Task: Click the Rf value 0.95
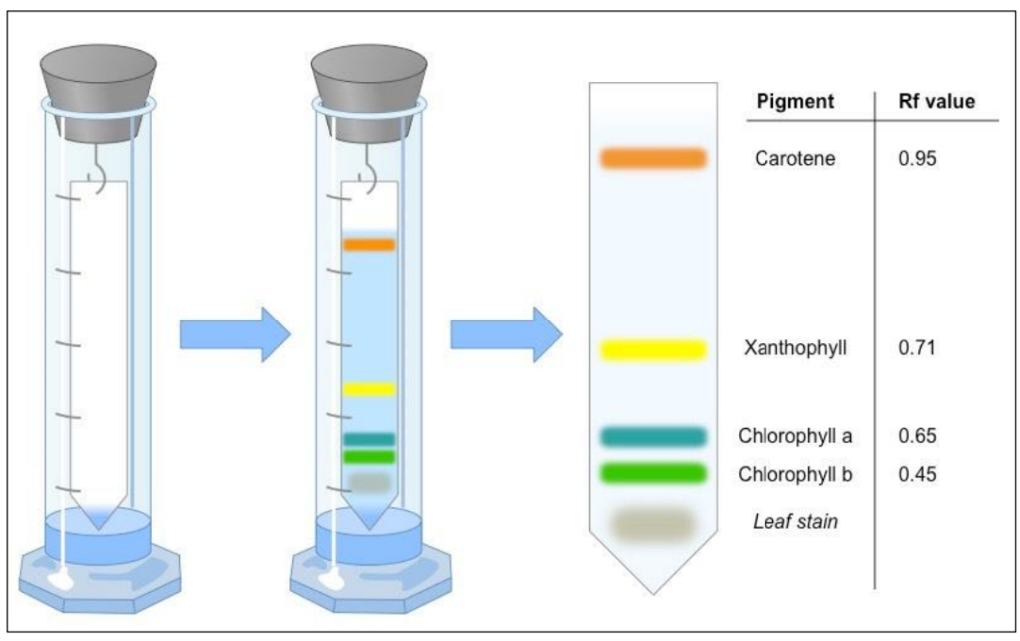[917, 158]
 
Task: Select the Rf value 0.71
[917, 348]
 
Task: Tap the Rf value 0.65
[917, 436]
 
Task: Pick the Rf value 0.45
[917, 473]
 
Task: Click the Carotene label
[795, 158]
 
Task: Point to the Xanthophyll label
[795, 348]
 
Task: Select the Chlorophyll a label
[795, 436]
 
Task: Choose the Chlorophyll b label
[795, 473]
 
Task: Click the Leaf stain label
[795, 520]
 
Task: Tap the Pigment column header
[795, 102]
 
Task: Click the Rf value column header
[937, 102]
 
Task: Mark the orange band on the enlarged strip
[653, 157]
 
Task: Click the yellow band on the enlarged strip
[653, 349]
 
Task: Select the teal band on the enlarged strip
[653, 436]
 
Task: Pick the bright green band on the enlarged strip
[653, 472]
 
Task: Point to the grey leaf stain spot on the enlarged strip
[653, 523]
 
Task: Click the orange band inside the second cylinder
[369, 244]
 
